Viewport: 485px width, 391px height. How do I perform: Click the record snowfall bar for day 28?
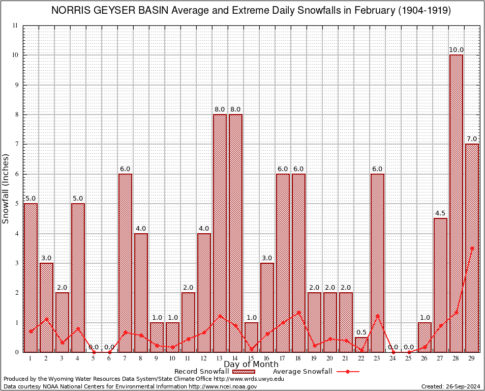[456, 204]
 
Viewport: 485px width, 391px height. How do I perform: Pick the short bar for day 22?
[361, 345]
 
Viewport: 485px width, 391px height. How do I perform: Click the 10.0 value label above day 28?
[456, 50]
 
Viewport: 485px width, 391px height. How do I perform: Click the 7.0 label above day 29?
[472, 139]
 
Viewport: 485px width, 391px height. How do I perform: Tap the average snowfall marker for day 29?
[472, 248]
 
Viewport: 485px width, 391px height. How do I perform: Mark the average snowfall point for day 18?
[298, 312]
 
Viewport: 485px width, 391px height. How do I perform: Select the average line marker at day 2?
[46, 319]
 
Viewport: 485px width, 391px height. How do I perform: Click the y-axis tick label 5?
[16, 204]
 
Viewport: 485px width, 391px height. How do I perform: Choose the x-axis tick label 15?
[251, 358]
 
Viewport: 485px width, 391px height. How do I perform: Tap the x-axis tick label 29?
[472, 358]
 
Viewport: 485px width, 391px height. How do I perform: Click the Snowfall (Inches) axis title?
[6, 188]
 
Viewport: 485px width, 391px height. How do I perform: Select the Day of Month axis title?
[251, 365]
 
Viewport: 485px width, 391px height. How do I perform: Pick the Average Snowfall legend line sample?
[347, 372]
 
